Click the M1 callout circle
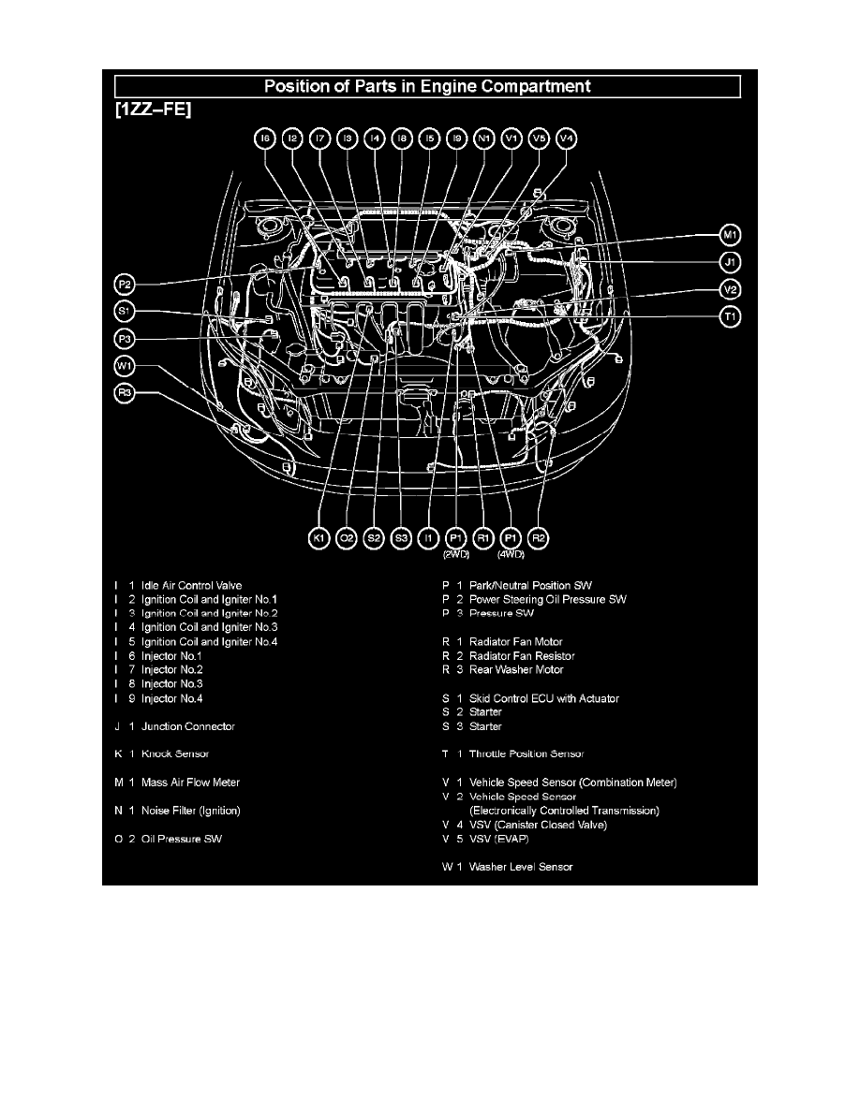731,234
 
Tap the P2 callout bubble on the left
125,283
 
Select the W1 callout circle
125,366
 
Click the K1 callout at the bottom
319,538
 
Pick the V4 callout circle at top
566,139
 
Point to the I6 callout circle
265,139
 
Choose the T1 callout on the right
731,317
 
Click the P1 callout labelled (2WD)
456,538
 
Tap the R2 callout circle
539,538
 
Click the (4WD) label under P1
511,554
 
